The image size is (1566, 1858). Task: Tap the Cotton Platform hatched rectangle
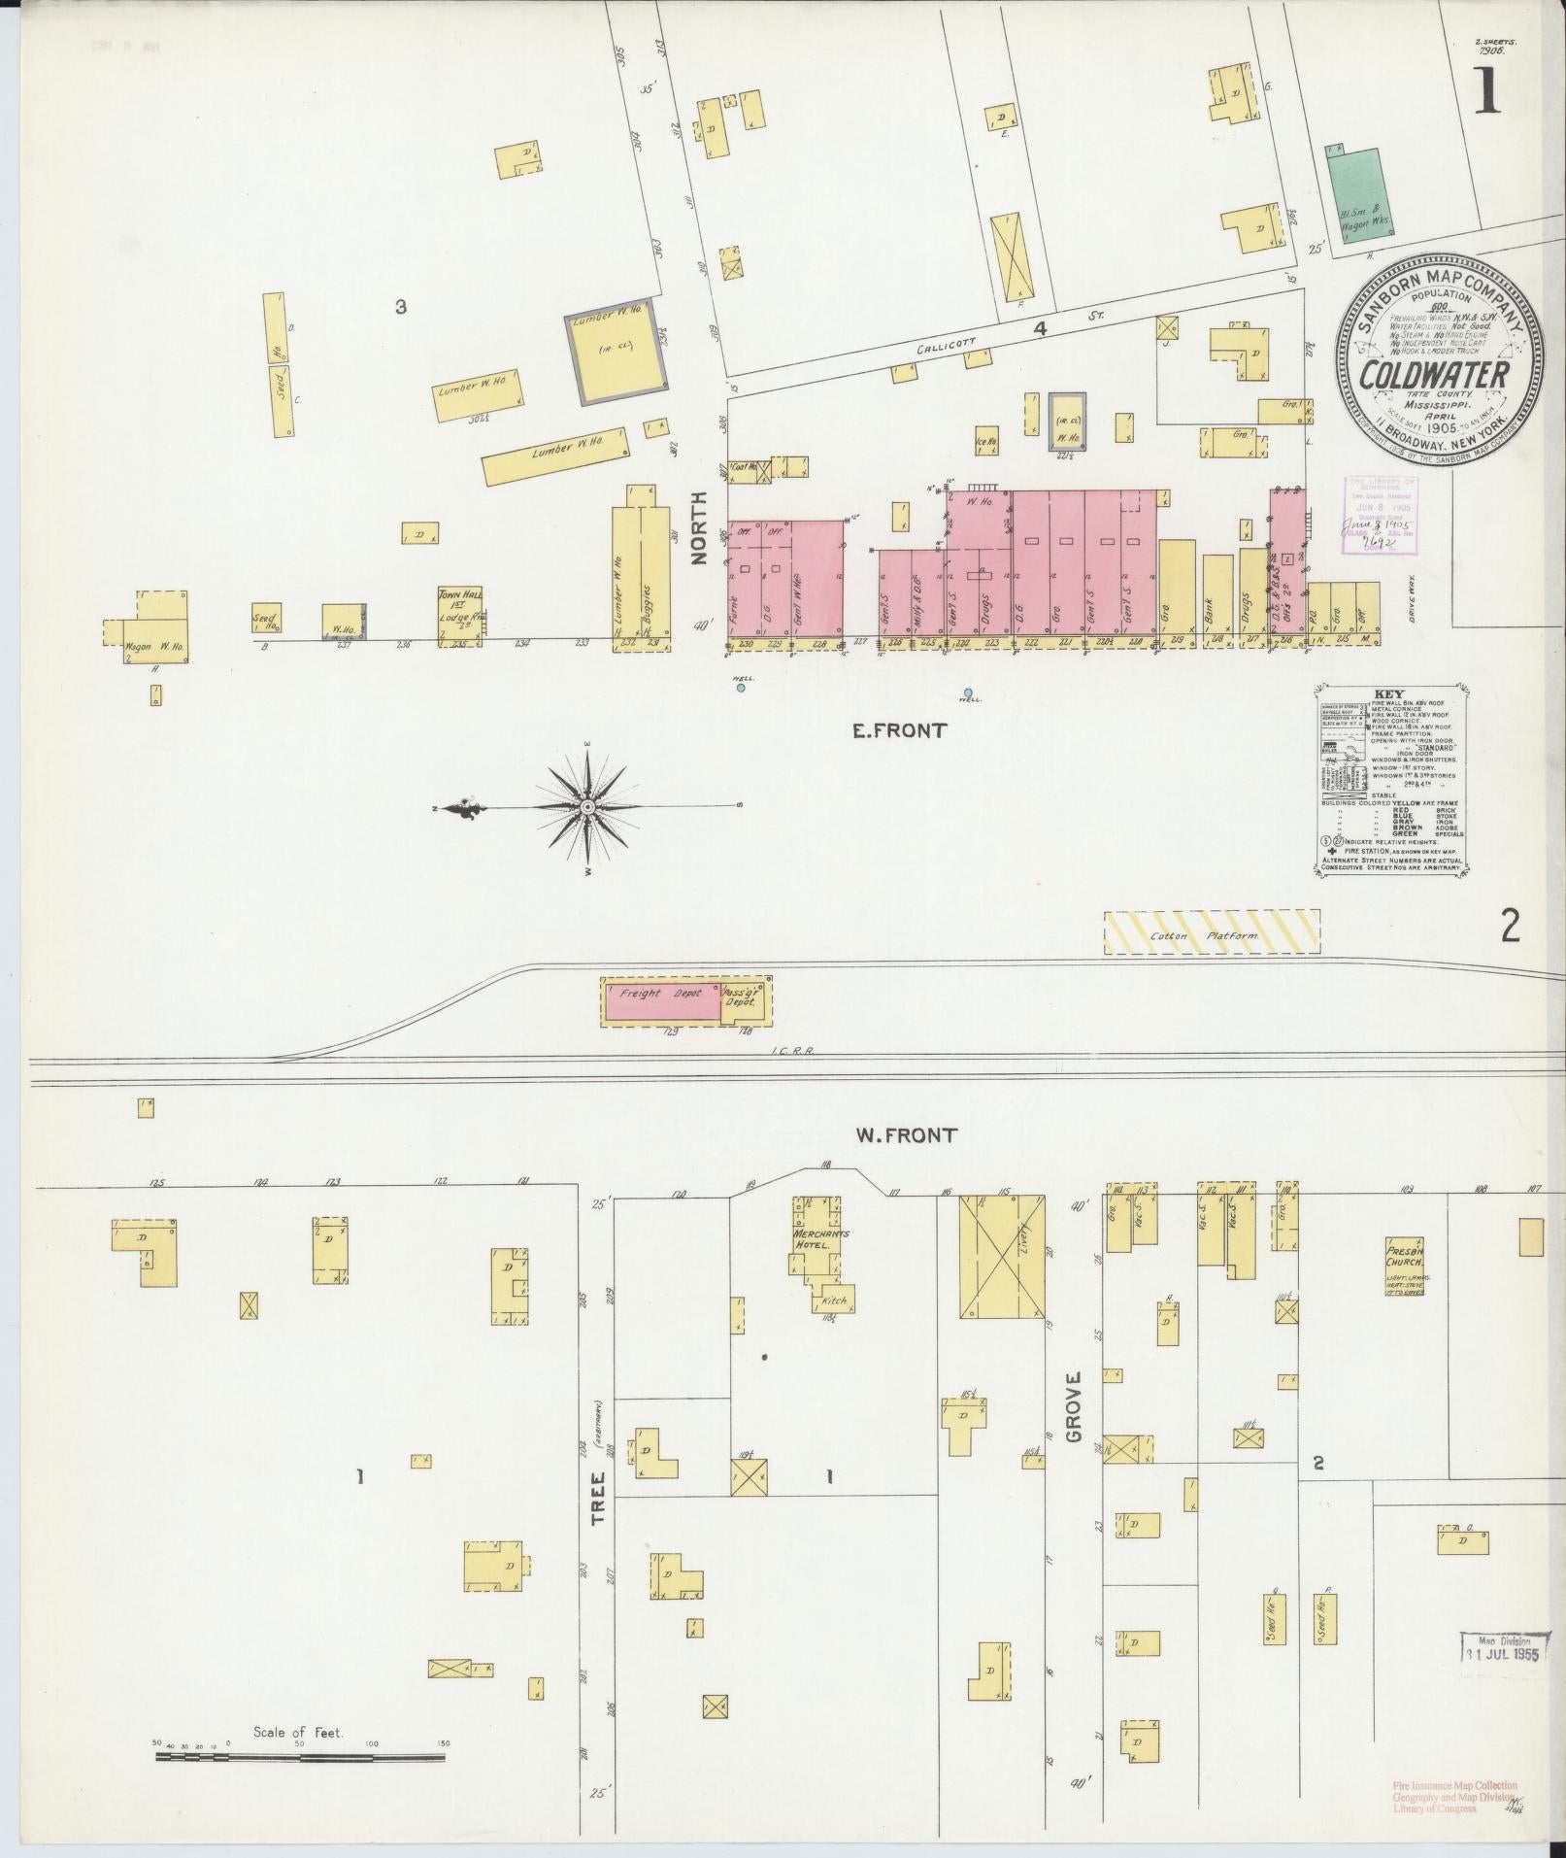click(x=1212, y=931)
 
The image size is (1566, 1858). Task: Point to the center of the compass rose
click(x=587, y=807)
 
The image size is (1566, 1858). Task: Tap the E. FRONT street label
click(x=899, y=731)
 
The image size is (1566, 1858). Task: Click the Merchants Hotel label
click(x=822, y=1239)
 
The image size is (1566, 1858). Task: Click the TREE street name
click(x=598, y=1524)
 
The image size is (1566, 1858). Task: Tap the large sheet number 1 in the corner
click(x=1486, y=91)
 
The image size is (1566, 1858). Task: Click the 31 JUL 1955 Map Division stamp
click(x=1503, y=1646)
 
